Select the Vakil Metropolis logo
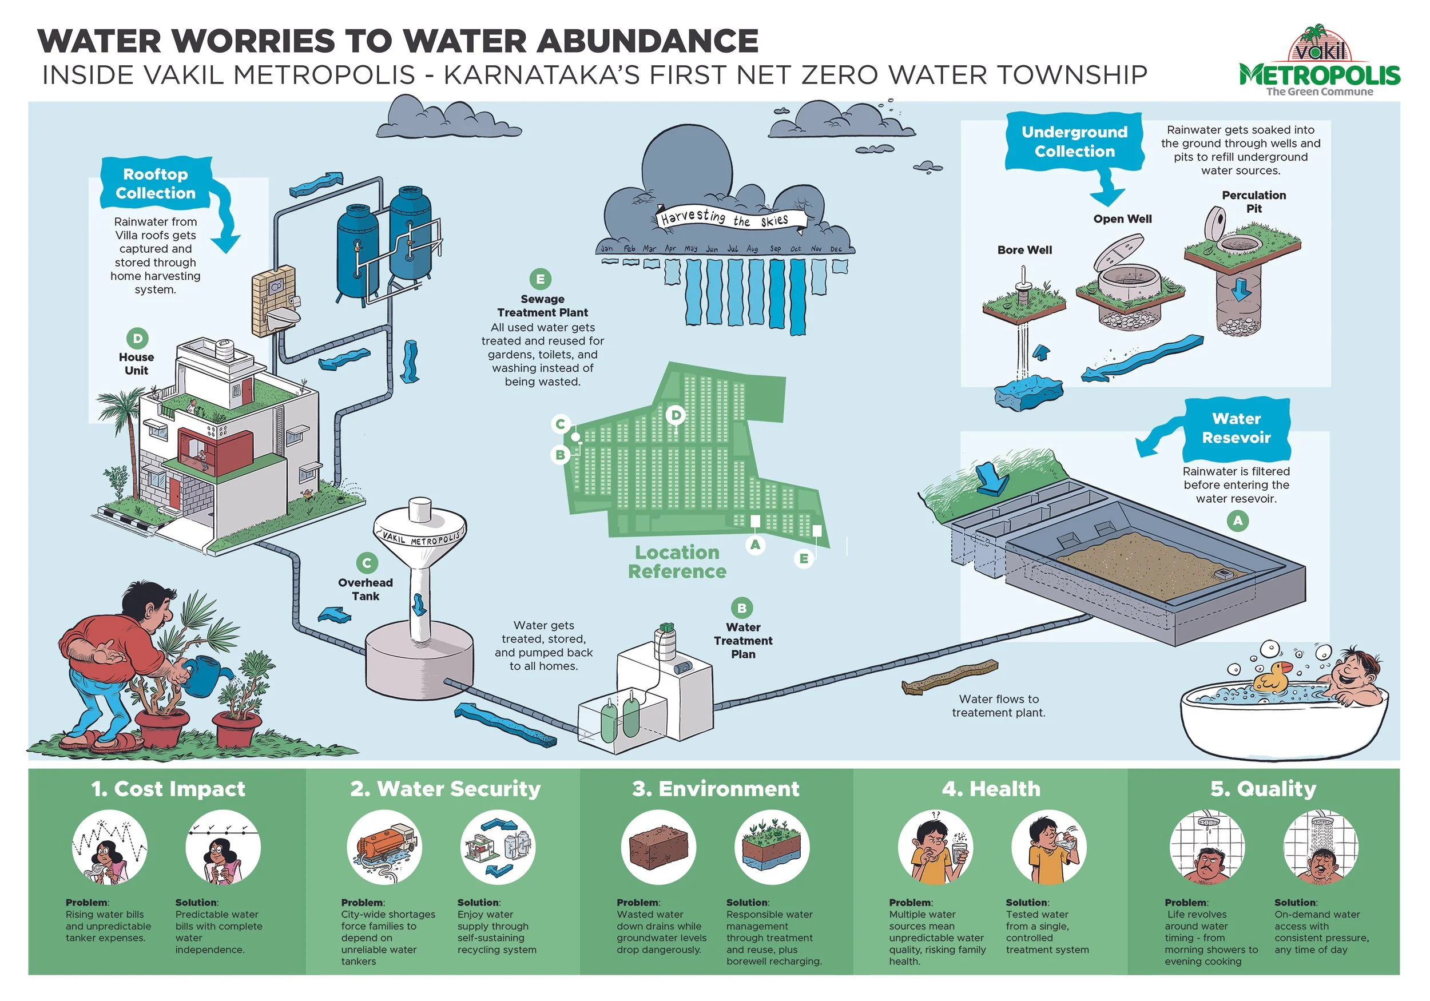[1319, 62]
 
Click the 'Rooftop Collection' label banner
[156, 183]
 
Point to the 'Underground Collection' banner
[1074, 141]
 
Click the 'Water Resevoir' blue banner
[1236, 428]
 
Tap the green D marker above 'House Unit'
[137, 338]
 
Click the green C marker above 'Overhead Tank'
[367, 562]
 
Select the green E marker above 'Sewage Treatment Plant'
[540, 279]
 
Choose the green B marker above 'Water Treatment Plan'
[741, 607]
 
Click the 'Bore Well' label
[1024, 250]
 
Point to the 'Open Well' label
[1122, 219]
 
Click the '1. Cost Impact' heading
[168, 789]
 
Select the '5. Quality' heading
[1263, 789]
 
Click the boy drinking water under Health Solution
[1048, 847]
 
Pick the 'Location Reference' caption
[677, 562]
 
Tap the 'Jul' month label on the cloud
[732, 249]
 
